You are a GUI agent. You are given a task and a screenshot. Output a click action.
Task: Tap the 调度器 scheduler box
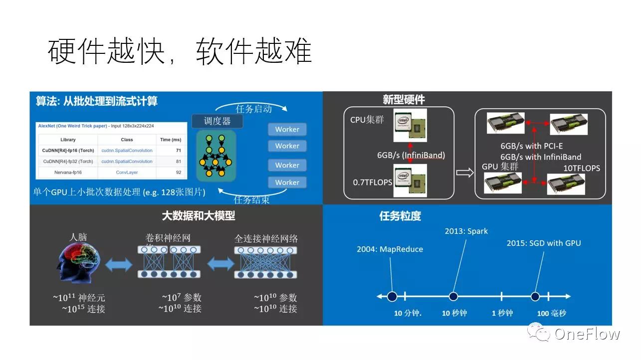(x=217, y=121)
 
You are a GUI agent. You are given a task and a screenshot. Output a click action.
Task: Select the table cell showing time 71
(x=178, y=150)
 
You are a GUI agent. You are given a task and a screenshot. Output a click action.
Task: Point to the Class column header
(x=127, y=140)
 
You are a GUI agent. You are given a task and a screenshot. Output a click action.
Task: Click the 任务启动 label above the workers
(x=253, y=109)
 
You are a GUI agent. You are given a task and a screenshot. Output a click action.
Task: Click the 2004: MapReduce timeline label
(x=390, y=249)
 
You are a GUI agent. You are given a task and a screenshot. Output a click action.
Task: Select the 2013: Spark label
(x=466, y=231)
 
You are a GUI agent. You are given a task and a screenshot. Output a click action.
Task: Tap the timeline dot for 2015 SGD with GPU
(x=535, y=297)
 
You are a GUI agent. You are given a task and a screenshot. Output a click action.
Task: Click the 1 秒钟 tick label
(x=502, y=313)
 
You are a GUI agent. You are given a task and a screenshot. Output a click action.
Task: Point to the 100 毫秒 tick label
(x=551, y=313)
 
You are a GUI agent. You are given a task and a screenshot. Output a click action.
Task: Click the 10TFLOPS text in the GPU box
(x=582, y=168)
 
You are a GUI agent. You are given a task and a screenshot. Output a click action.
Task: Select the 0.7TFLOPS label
(x=373, y=182)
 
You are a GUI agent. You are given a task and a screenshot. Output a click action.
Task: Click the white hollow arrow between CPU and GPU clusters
(x=464, y=173)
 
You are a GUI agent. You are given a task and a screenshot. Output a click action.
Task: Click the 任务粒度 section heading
(x=400, y=216)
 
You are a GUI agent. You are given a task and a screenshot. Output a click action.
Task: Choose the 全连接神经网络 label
(x=266, y=238)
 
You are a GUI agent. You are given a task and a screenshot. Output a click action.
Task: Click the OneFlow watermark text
(x=587, y=334)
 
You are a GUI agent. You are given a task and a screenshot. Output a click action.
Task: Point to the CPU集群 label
(x=367, y=119)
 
